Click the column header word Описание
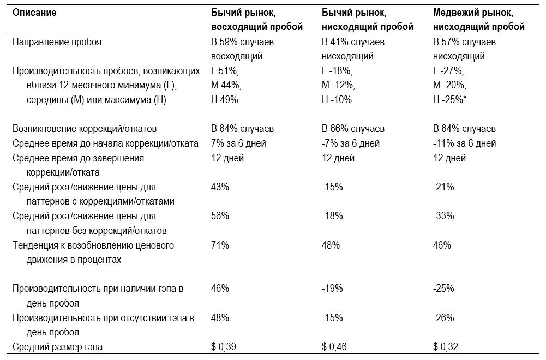[x=34, y=13]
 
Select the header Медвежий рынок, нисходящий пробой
[x=479, y=20]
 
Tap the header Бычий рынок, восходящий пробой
[x=256, y=20]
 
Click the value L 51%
[x=225, y=71]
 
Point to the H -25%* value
[x=449, y=100]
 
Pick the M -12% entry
[x=338, y=85]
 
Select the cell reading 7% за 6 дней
[x=238, y=143]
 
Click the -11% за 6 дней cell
[x=464, y=143]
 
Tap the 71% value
[x=220, y=245]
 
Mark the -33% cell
[x=443, y=216]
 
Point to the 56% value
[x=220, y=216]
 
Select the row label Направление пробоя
[x=57, y=42]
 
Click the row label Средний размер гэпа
[x=57, y=347]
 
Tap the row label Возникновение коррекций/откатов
[x=85, y=129]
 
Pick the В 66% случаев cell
[x=353, y=129]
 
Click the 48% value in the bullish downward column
[x=331, y=245]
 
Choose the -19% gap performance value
[x=332, y=289]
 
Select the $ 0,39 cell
[x=224, y=347]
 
